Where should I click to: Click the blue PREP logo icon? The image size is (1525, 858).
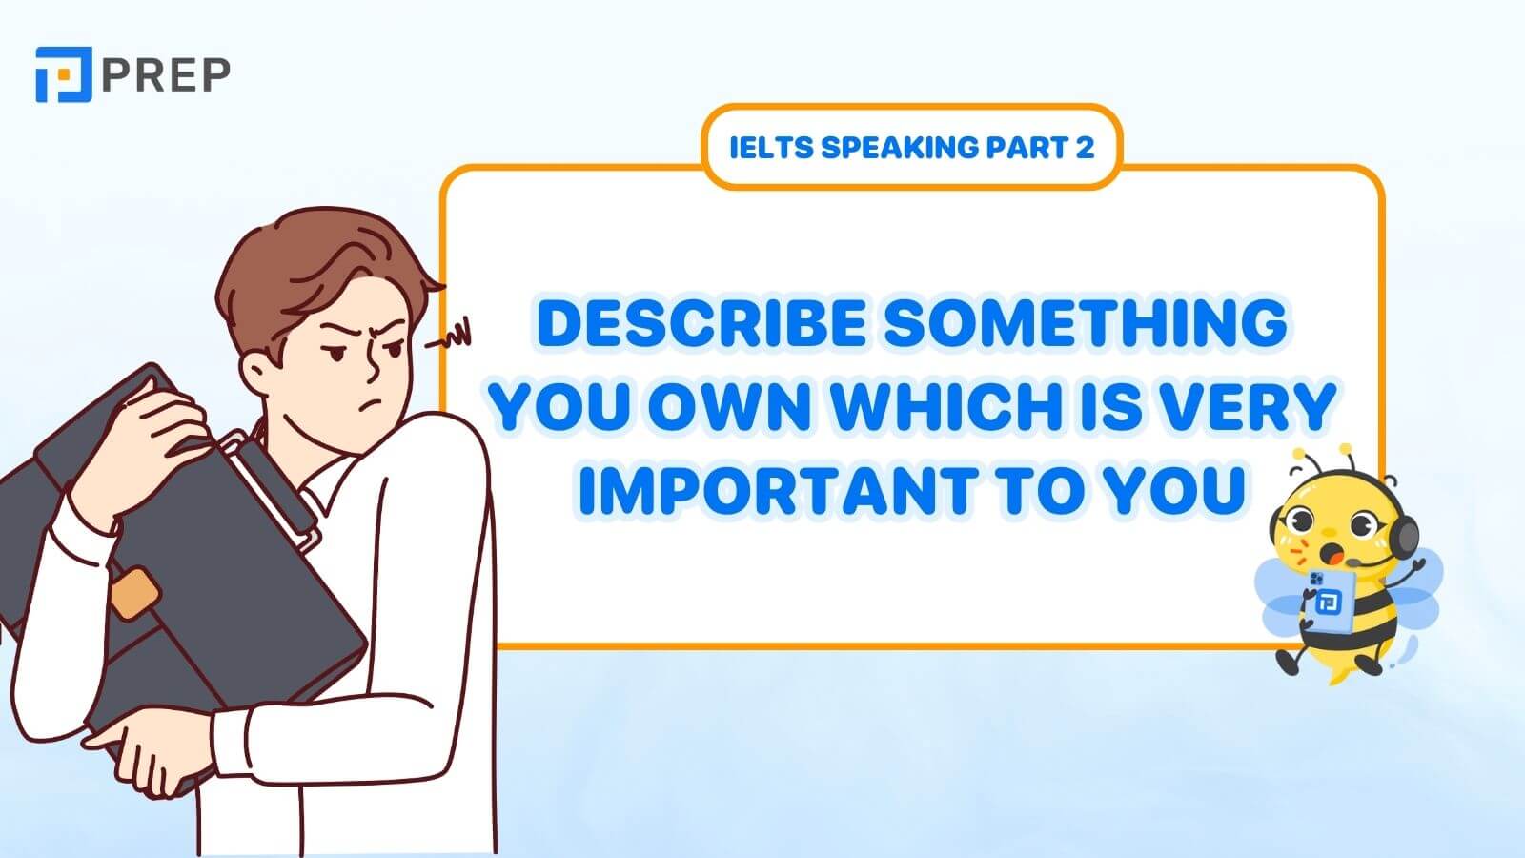pos(63,73)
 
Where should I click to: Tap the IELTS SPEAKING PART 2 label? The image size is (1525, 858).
pos(911,147)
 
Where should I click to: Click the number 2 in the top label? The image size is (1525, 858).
pos(1085,147)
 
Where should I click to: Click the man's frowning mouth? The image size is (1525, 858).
pos(378,400)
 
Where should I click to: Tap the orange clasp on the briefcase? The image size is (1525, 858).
pos(134,589)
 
